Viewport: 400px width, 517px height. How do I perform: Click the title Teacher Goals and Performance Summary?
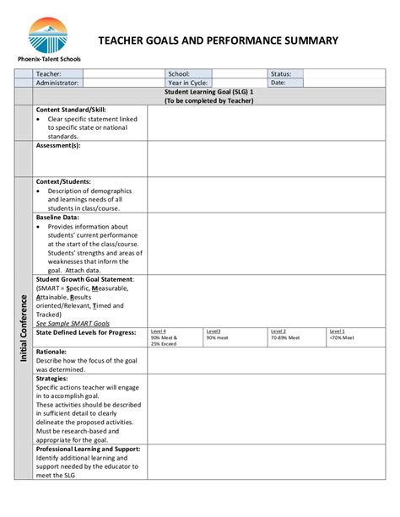click(x=219, y=40)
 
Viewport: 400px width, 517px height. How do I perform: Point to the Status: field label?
click(x=281, y=74)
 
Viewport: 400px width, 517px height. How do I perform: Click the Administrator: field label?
click(x=57, y=83)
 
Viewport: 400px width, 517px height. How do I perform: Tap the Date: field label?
click(x=278, y=83)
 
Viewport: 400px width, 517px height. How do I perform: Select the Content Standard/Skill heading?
click(x=72, y=110)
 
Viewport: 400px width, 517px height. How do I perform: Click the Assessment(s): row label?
click(x=58, y=145)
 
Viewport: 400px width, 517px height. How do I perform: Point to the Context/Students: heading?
click(x=63, y=181)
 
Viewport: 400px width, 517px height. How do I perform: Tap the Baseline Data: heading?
click(x=58, y=217)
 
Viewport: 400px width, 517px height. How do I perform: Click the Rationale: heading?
click(x=52, y=351)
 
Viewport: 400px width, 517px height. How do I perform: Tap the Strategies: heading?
click(x=53, y=379)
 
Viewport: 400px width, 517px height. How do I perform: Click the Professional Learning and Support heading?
click(x=88, y=450)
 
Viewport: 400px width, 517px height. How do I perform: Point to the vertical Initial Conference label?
click(x=24, y=330)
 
